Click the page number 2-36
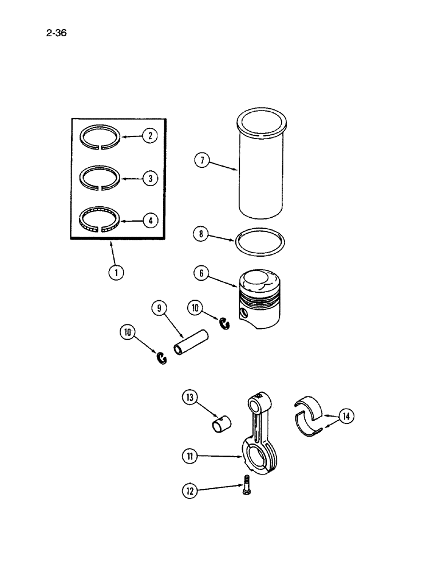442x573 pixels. tap(56, 33)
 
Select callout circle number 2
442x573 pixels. tap(149, 136)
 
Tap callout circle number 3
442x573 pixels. tap(149, 178)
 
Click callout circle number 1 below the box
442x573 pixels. tap(116, 273)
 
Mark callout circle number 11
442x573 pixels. tap(190, 456)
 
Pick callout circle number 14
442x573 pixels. tap(345, 417)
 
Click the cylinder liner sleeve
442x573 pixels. tap(261, 172)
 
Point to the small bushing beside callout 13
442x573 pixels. tap(223, 425)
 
